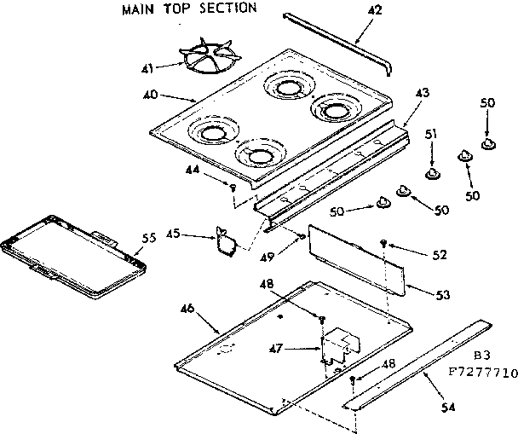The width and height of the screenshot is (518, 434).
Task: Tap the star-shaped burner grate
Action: pyautogui.click(x=201, y=61)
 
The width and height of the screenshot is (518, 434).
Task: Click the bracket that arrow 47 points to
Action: pyautogui.click(x=337, y=344)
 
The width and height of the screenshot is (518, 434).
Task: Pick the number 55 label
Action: pyautogui.click(x=148, y=239)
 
